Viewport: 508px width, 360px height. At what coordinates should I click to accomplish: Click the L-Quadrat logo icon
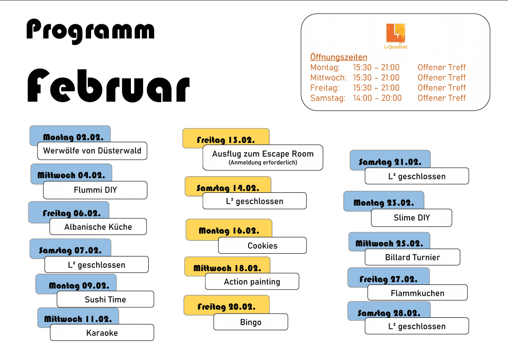395,33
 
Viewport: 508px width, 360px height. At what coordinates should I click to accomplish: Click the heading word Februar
108,87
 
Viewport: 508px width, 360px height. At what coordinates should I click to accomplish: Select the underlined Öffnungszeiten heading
339,57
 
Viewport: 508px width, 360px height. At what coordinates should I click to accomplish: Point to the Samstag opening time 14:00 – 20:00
377,98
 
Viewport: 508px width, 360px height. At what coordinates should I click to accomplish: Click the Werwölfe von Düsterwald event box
92,151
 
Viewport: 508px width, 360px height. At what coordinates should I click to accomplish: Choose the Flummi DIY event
95,190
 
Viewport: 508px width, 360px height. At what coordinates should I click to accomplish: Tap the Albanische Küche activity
98,227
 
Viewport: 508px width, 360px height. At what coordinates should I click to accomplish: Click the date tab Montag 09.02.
79,285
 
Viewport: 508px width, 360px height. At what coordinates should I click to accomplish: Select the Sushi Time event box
105,300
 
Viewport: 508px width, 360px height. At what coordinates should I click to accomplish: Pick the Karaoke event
102,333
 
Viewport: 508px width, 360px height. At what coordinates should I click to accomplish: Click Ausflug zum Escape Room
263,154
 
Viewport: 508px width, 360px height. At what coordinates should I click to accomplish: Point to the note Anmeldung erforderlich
263,163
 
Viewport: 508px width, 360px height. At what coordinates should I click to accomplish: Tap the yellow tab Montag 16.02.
229,230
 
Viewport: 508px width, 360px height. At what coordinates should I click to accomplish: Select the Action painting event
252,282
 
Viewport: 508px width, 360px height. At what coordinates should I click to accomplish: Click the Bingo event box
251,322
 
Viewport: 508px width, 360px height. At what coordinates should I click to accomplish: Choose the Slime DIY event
411,218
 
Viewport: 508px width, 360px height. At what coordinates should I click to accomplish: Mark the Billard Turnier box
412,257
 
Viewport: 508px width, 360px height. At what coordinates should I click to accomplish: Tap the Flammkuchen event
417,293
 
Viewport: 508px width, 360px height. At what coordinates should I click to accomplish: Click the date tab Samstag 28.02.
389,313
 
